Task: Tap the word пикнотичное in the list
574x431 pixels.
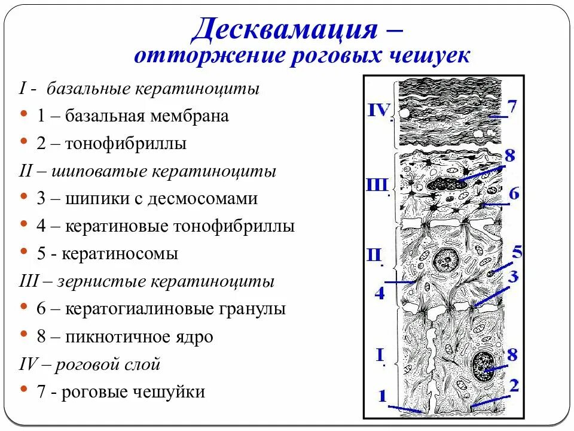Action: pyautogui.click(x=118, y=337)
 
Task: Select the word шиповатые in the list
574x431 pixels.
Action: pyautogui.click(x=102, y=172)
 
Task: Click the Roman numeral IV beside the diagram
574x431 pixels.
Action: pyautogui.click(x=378, y=111)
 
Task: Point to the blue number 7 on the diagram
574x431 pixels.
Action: pyautogui.click(x=512, y=107)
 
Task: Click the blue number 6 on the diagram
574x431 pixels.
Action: pyautogui.click(x=514, y=193)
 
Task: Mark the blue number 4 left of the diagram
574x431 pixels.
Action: pyautogui.click(x=380, y=293)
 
